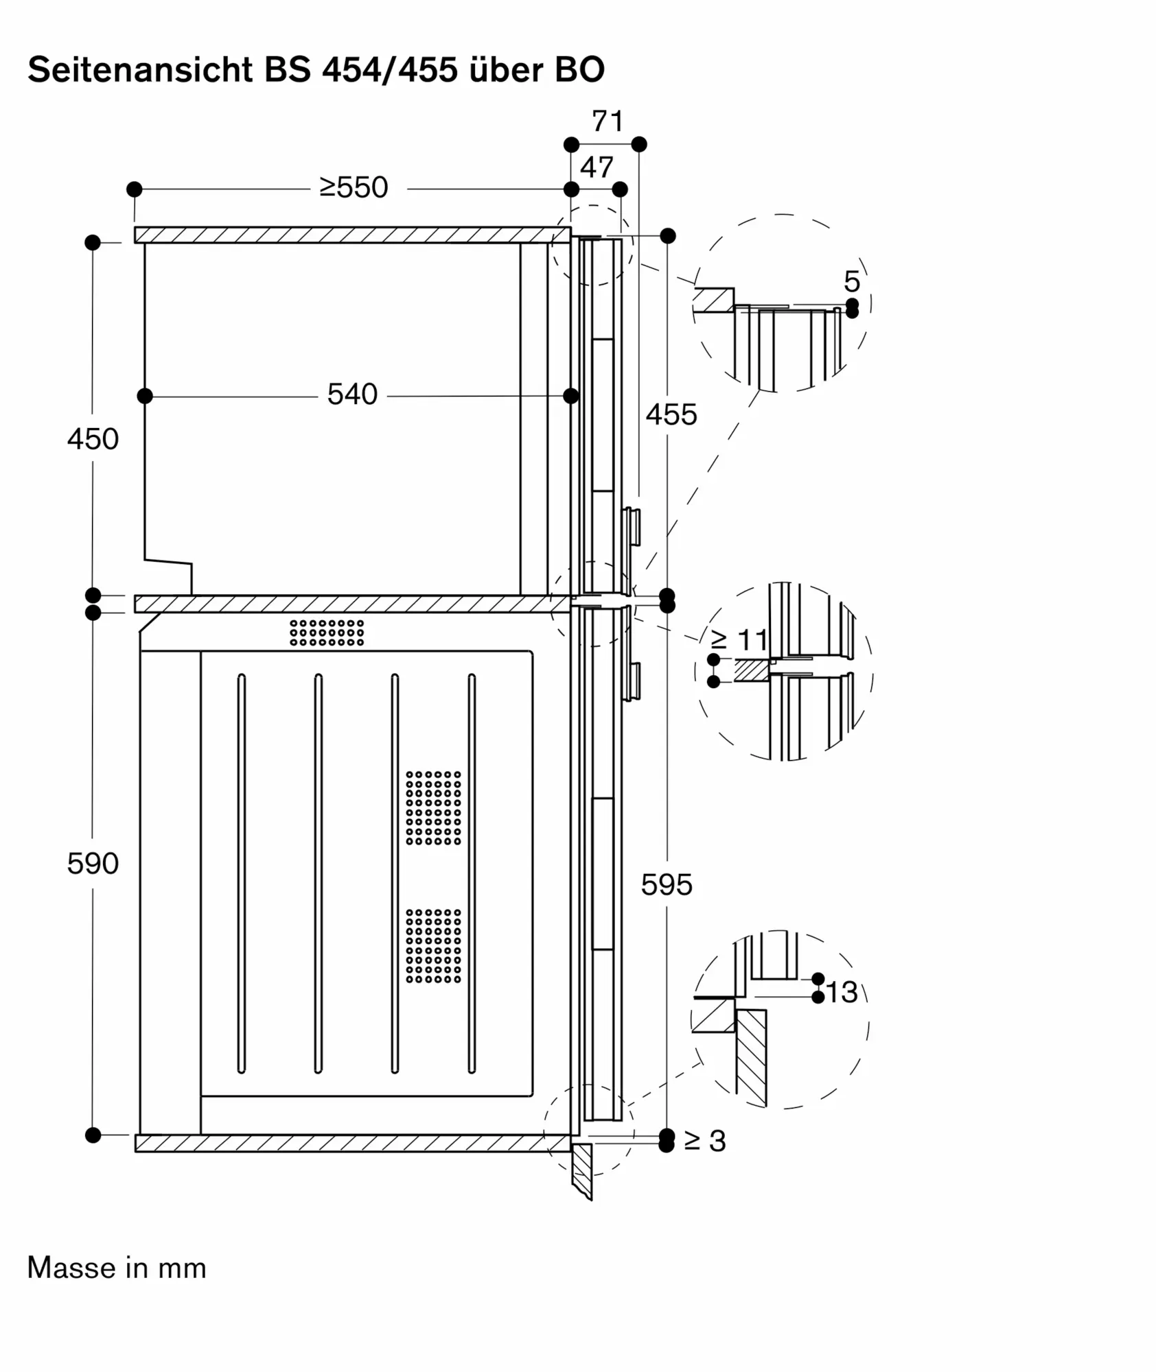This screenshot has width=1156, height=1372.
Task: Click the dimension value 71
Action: click(608, 121)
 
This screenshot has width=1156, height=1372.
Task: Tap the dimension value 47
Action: click(597, 167)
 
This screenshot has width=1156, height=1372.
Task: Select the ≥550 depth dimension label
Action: click(354, 187)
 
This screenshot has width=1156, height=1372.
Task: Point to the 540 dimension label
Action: click(352, 394)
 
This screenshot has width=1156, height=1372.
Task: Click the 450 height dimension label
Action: click(93, 439)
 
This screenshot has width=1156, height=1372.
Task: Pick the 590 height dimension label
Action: click(93, 864)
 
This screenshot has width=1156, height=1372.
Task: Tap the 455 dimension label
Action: click(671, 415)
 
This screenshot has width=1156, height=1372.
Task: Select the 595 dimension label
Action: click(667, 885)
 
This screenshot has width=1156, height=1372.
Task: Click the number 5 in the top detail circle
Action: click(852, 281)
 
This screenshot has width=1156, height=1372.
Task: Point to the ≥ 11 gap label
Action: click(739, 640)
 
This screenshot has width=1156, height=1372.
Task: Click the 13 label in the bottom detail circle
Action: click(842, 992)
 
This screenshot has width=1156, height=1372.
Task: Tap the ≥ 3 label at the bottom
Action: click(705, 1141)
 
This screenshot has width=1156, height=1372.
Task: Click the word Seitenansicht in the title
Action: click(140, 69)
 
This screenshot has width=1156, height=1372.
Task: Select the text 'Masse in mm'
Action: click(117, 1268)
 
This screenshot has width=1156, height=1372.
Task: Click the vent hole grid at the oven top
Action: click(327, 632)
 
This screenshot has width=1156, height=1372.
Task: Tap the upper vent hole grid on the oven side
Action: click(433, 808)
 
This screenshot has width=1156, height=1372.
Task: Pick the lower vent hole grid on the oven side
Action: click(433, 946)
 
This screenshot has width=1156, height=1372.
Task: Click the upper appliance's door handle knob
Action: click(632, 527)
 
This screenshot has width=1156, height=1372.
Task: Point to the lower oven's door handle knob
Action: click(632, 681)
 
